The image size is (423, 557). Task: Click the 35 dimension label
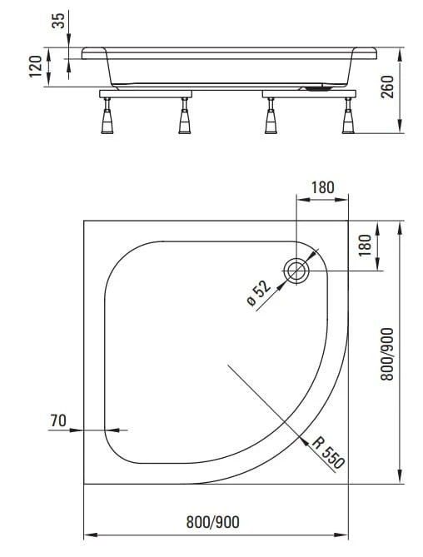[x=59, y=20]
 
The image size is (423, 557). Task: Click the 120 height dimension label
[x=36, y=67]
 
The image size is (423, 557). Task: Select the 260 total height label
[x=387, y=87]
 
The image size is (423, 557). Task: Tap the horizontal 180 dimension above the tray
[x=322, y=187]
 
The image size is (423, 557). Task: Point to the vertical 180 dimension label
[x=365, y=245]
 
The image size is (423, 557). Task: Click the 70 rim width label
[x=58, y=420]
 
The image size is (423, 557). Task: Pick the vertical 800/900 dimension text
[x=387, y=354]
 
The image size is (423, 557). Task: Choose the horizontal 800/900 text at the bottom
[x=212, y=522]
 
